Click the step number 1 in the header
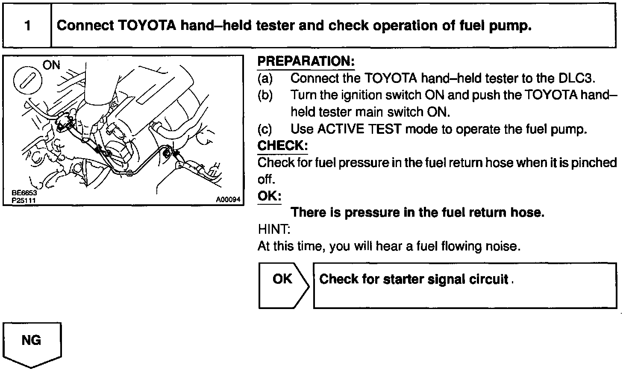point(27,26)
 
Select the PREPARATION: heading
point(306,62)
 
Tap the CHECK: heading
point(282,146)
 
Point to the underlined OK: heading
point(270,196)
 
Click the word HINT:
point(274,230)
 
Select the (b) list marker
point(265,95)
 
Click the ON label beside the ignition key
point(51,65)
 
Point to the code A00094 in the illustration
point(228,200)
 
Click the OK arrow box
point(283,285)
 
